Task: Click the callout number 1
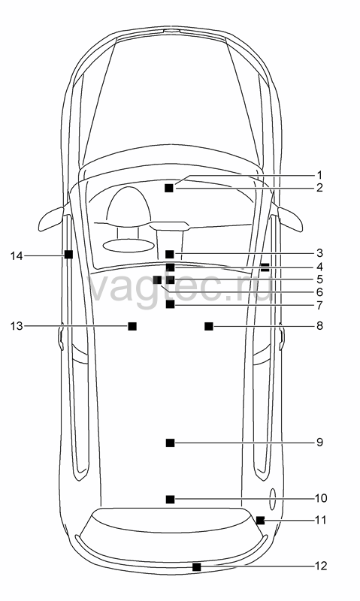tap(319, 176)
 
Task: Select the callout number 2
tap(319, 188)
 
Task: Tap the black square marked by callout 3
tap(170, 254)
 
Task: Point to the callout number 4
tap(319, 267)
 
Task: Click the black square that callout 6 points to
tap(157, 279)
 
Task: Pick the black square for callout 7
tap(170, 304)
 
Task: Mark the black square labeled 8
tap(209, 326)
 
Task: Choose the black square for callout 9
tap(170, 442)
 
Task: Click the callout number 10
tap(321, 498)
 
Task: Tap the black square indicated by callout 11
tap(260, 520)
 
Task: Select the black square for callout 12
tap(196, 567)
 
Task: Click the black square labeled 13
tap(132, 326)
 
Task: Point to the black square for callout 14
tap(68, 254)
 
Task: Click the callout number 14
tap(17, 255)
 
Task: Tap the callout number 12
tap(321, 566)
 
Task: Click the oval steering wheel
tap(128, 246)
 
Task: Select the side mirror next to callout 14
tap(50, 219)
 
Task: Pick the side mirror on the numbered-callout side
tap(290, 219)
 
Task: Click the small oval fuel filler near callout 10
tap(272, 499)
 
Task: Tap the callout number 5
tap(319, 279)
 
